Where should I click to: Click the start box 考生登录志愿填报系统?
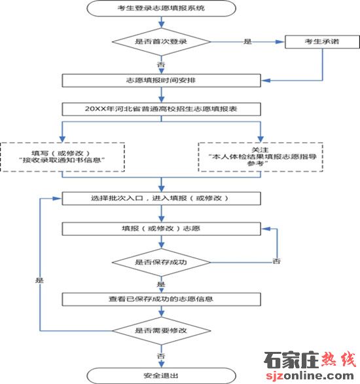(x=162, y=9)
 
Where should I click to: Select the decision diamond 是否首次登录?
(x=162, y=42)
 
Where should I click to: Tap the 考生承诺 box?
(x=322, y=42)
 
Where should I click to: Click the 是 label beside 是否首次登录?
(x=247, y=41)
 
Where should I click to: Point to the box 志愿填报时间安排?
(x=162, y=81)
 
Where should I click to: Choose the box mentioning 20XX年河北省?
(x=162, y=109)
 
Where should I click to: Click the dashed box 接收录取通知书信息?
(x=62, y=157)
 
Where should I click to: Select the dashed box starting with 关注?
(x=261, y=157)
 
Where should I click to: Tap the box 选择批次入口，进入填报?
(x=162, y=199)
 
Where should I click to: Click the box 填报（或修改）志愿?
(x=162, y=229)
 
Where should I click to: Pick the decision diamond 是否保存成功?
(x=162, y=262)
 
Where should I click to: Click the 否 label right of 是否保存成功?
(x=277, y=261)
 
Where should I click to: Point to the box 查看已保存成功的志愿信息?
(x=162, y=299)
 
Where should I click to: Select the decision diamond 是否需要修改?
(x=162, y=331)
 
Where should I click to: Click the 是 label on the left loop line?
(x=40, y=280)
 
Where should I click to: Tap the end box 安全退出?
(x=162, y=375)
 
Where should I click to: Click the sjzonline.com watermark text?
(x=310, y=375)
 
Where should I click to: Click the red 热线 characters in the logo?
(x=338, y=359)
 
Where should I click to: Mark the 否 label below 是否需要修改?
(x=161, y=356)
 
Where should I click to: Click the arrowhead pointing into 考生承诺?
(x=280, y=42)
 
